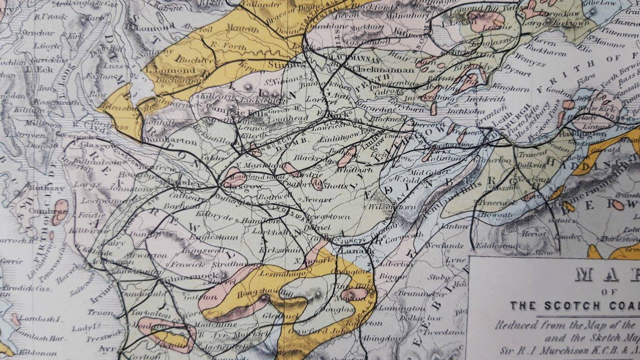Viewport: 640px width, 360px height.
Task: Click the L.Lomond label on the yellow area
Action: click(x=170, y=70)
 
